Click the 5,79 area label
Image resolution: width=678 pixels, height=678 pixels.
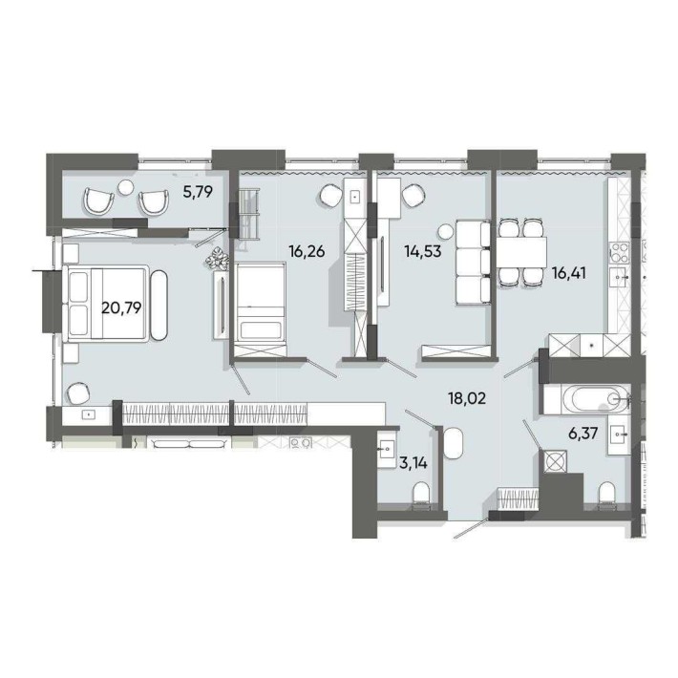click(x=198, y=191)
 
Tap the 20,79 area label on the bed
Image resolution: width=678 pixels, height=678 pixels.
click(x=121, y=307)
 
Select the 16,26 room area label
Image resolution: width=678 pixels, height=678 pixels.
click(x=307, y=251)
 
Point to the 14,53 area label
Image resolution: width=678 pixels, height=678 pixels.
click(x=423, y=251)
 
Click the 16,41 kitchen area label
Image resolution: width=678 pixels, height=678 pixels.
click(x=568, y=273)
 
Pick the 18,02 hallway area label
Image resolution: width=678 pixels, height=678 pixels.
click(x=467, y=398)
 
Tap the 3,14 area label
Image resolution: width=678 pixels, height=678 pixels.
click(x=413, y=463)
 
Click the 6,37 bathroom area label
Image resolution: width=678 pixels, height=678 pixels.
click(x=583, y=433)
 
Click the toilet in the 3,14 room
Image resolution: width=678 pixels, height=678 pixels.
click(x=420, y=495)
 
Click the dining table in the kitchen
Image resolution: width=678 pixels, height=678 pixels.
click(x=521, y=252)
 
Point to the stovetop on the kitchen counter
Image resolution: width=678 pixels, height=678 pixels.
click(x=619, y=252)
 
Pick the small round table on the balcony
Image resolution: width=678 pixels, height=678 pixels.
click(x=126, y=187)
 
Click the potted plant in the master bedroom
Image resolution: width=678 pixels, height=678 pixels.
click(x=217, y=258)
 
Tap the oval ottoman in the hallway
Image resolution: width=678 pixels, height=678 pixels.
click(x=453, y=443)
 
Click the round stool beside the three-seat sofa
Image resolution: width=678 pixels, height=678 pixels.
click(x=444, y=232)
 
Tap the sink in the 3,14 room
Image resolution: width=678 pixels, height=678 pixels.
click(x=386, y=449)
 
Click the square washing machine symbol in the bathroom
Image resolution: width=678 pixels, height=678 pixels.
click(x=556, y=461)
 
